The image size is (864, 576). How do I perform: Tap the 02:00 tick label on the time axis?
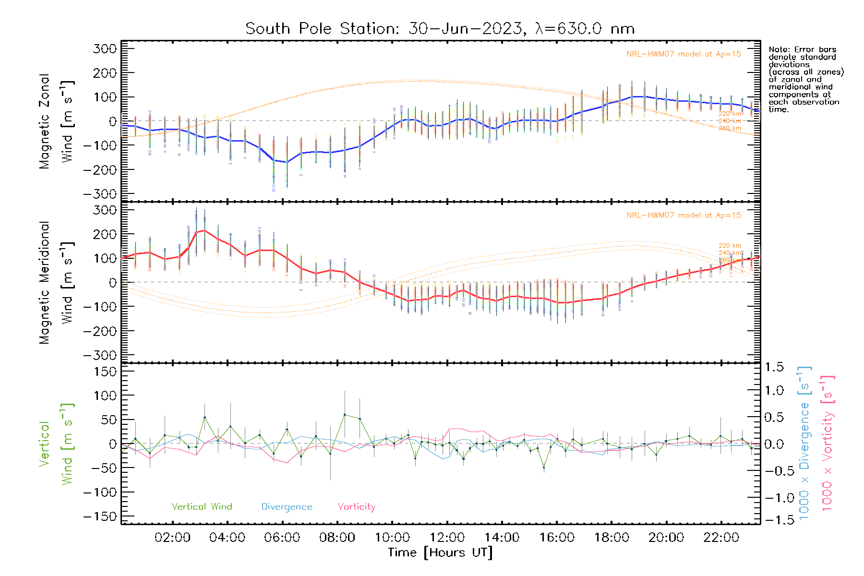(x=172, y=538)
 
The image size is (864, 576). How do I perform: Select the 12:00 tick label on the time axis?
(x=447, y=538)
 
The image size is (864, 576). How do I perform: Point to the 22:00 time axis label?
(x=721, y=538)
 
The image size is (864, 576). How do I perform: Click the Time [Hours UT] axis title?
(x=440, y=552)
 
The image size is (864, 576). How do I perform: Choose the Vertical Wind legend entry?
(x=202, y=507)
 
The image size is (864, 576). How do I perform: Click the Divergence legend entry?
(x=287, y=507)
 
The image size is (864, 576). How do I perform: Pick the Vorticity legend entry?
(x=356, y=507)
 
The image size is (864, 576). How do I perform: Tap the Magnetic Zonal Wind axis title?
(x=56, y=121)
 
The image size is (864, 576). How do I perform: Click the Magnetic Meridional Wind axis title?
(x=56, y=282)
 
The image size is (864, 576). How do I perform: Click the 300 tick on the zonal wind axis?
(x=105, y=49)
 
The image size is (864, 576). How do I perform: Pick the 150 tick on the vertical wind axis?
(x=105, y=372)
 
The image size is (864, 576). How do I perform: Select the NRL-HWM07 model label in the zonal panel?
(x=684, y=54)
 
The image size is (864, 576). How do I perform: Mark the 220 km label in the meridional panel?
(x=730, y=246)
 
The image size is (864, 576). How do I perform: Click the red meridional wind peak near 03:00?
(x=204, y=230)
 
